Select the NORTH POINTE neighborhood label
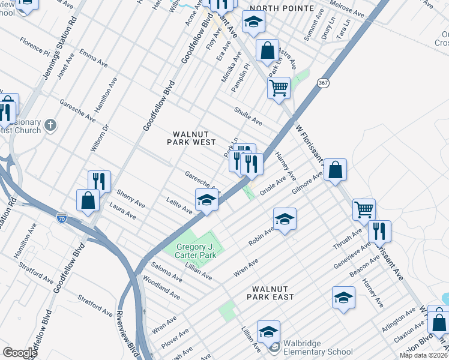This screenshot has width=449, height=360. (x=282, y=8)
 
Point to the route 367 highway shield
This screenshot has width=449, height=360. (x=324, y=84)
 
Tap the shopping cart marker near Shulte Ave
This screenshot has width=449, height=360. (x=279, y=88)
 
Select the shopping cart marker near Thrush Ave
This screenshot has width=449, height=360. (x=364, y=209)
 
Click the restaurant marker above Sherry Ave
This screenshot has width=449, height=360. (x=99, y=181)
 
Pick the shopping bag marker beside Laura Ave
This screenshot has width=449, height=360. (x=88, y=200)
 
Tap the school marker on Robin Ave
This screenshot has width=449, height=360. (x=285, y=218)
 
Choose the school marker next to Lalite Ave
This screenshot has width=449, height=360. (x=206, y=199)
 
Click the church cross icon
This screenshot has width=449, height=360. (x=51, y=126)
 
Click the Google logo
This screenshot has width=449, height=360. (x=20, y=353)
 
